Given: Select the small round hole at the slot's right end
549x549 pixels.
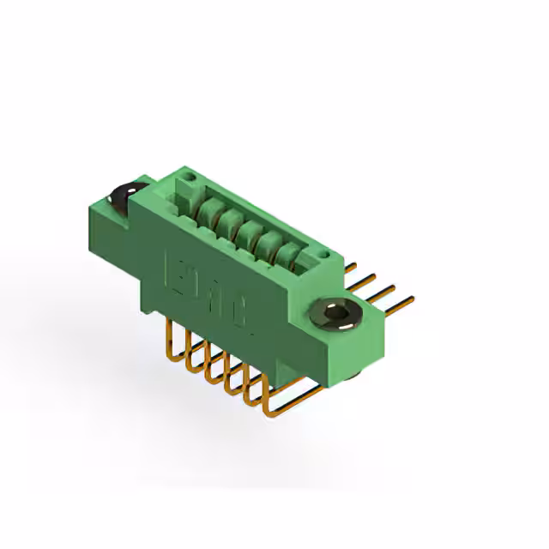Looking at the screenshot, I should [x=322, y=255].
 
